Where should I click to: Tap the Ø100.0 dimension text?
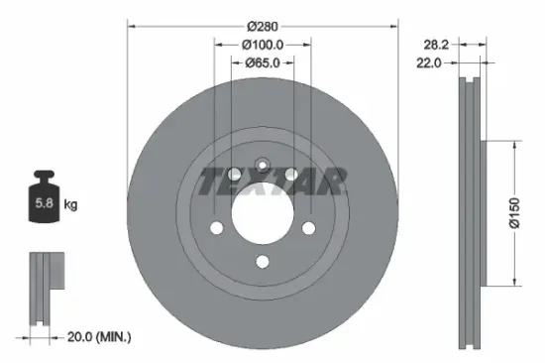[x=263, y=45]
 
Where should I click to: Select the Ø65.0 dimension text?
[x=263, y=63]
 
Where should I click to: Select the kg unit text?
[x=70, y=205]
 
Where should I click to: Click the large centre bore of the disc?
[x=263, y=211]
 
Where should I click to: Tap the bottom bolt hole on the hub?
[x=263, y=262]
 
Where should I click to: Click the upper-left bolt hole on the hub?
[x=234, y=175]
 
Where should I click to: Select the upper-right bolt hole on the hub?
[x=291, y=175]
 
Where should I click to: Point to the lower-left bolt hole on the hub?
[x=216, y=230]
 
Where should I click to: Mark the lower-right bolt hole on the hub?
[x=309, y=230]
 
